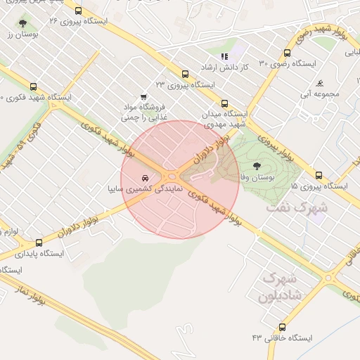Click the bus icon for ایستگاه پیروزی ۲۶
pos(77,11)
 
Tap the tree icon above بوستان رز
pos(23,23)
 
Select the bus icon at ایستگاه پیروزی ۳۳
pos(185,73)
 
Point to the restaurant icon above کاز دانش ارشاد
pos(224,56)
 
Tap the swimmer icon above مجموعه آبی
pos(320,82)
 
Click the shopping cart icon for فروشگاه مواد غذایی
pos(144,97)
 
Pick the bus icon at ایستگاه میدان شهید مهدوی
pos(224,103)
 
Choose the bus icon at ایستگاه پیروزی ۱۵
pos(319,175)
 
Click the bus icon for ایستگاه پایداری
pos(39,243)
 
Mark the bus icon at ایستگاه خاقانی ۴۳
pos(282,327)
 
